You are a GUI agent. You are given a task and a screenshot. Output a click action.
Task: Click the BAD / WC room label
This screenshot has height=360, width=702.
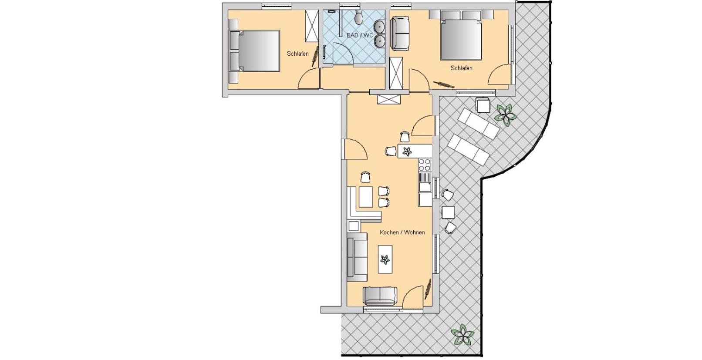click(x=360, y=35)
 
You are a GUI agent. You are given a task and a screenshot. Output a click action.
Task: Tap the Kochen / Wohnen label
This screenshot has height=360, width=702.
click(x=402, y=232)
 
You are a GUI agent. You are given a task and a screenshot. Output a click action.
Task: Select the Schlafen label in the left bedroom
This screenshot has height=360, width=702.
click(x=298, y=54)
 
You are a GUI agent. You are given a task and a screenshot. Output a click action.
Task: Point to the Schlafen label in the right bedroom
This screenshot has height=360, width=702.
click(x=461, y=68)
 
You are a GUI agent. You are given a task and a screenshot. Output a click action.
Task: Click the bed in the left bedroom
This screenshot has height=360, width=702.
click(x=254, y=51)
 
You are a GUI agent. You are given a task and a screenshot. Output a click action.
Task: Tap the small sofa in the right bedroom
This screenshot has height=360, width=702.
click(x=400, y=34)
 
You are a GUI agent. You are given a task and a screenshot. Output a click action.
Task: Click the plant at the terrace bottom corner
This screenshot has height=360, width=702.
click(x=462, y=335)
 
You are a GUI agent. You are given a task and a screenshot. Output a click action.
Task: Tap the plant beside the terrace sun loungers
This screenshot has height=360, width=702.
click(x=505, y=115)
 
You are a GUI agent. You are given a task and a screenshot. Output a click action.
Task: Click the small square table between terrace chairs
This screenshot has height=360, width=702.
click(x=448, y=213)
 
